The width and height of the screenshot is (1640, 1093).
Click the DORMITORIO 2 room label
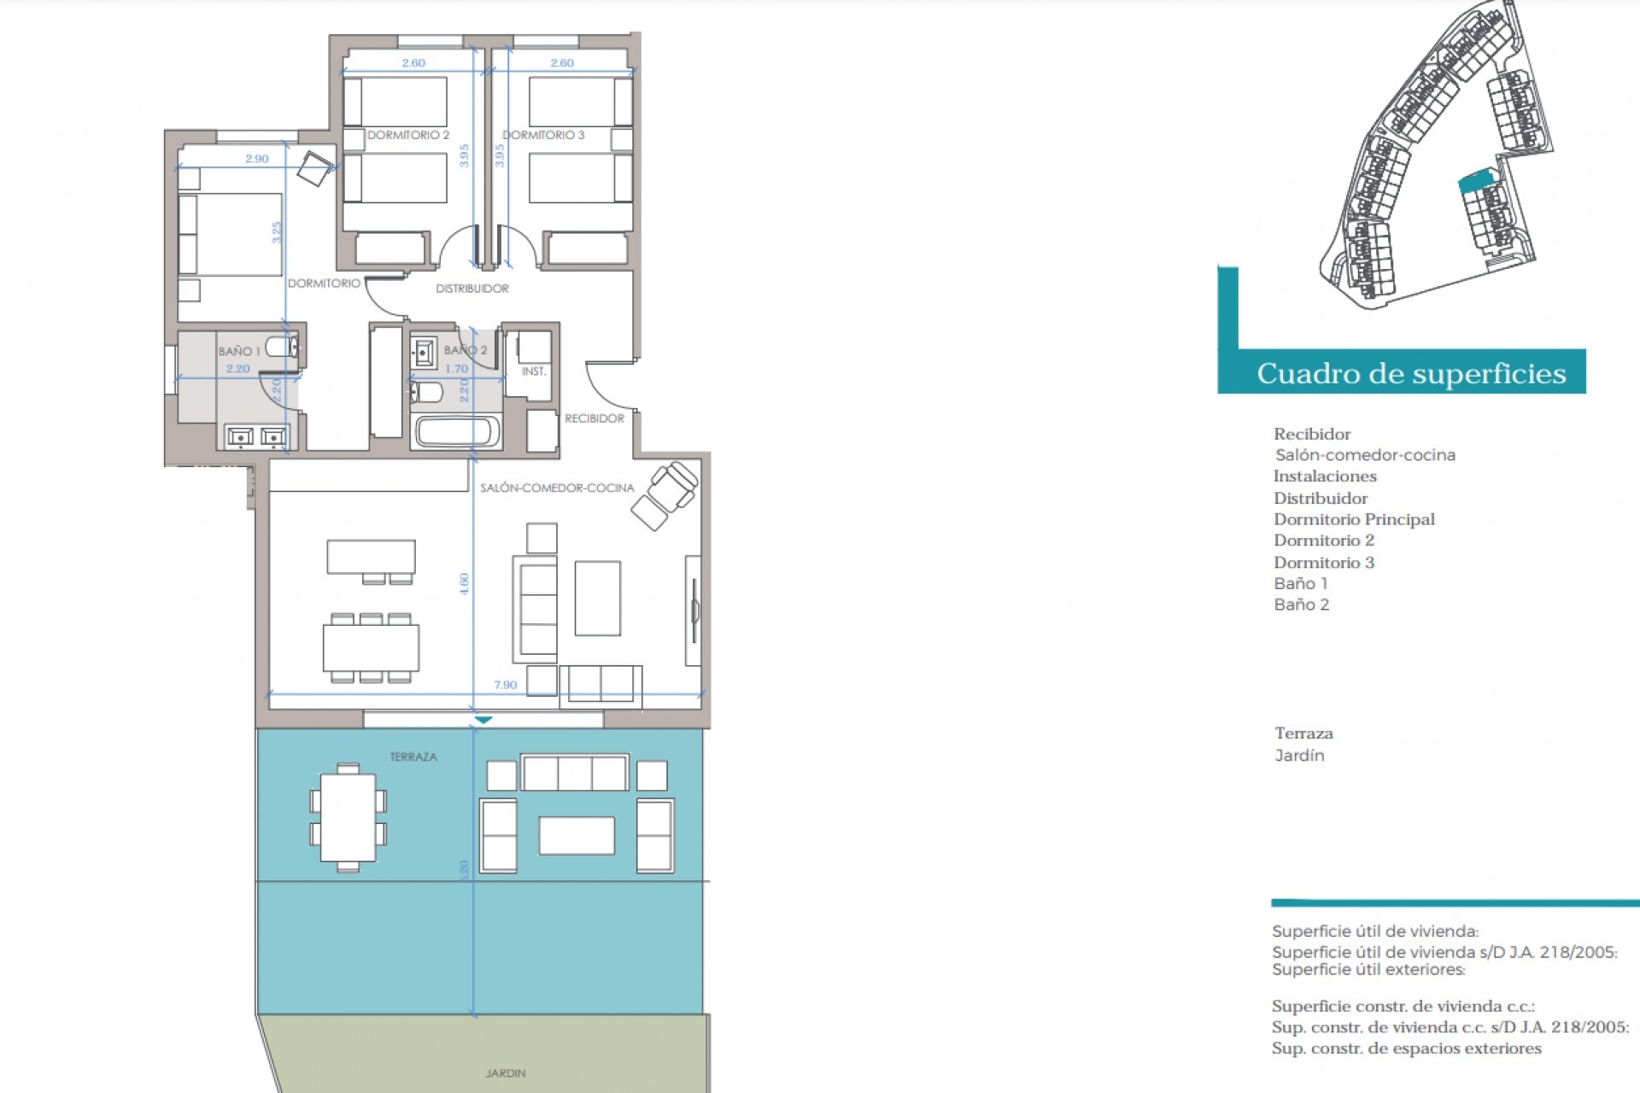(x=408, y=135)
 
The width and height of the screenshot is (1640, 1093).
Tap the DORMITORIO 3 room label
(x=543, y=135)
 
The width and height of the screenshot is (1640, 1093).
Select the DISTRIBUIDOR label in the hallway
(x=472, y=289)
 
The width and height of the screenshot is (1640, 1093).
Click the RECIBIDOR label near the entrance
(x=594, y=418)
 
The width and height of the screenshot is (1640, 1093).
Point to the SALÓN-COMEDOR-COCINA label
(x=557, y=488)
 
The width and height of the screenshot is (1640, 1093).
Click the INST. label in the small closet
(x=534, y=371)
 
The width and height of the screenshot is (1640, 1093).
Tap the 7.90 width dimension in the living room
(x=505, y=685)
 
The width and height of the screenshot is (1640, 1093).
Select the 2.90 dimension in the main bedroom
(x=256, y=159)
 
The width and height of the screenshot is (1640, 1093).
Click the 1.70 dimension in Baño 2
(x=456, y=369)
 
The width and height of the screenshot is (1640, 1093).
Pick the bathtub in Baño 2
(x=457, y=431)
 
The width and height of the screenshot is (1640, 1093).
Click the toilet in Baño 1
(x=282, y=348)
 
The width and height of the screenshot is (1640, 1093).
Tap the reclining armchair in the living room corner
(x=665, y=495)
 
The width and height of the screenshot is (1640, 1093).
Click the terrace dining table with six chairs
(x=348, y=817)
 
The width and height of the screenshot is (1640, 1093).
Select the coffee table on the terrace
(x=577, y=835)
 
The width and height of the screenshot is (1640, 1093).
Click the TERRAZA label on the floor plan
(x=413, y=757)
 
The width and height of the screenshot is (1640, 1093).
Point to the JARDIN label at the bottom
(x=506, y=1073)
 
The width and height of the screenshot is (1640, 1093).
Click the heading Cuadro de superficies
(x=1411, y=373)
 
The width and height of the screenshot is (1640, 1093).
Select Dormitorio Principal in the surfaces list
(x=1354, y=519)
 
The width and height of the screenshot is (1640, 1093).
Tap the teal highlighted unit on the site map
(x=1477, y=181)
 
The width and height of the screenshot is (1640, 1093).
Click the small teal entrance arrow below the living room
(x=483, y=721)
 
